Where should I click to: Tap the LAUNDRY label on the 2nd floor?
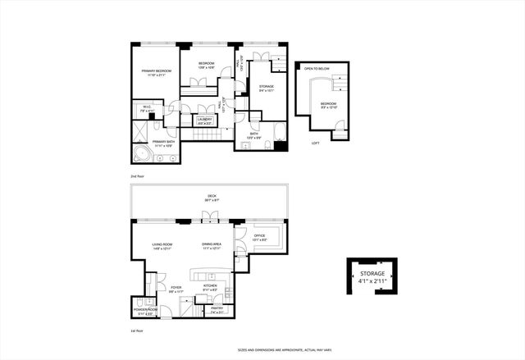[204, 121]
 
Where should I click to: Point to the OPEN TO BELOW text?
[317, 69]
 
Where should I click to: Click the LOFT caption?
[315, 144]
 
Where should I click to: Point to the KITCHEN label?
[209, 286]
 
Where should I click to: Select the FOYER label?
[176, 288]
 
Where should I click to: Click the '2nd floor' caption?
[137, 176]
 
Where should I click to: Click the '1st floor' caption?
[137, 331]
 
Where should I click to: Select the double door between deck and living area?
[212, 217]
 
